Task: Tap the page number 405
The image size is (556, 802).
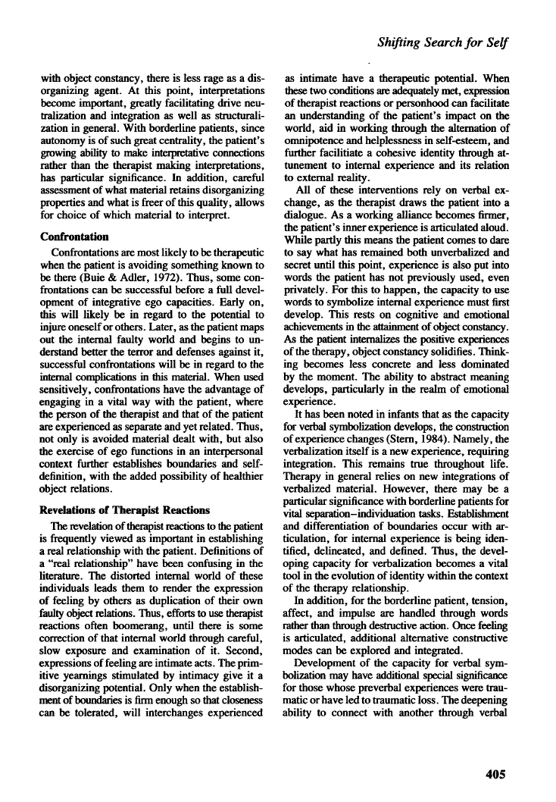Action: tap(492, 774)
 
